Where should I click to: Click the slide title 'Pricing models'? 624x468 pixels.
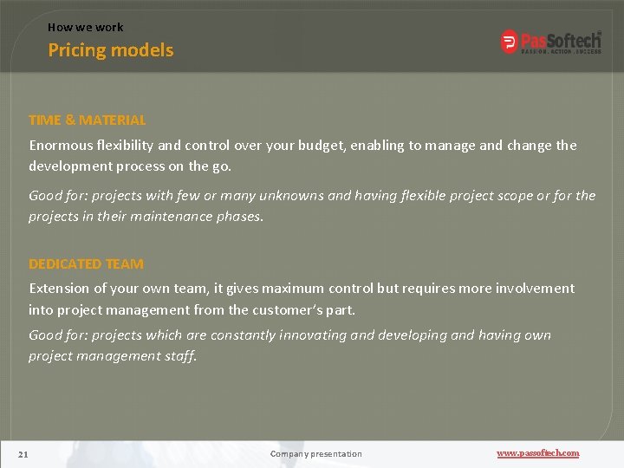click(110, 50)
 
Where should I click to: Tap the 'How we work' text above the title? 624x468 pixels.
click(85, 27)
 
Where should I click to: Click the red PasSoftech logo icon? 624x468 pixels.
click(510, 42)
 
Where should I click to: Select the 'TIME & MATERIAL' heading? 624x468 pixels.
click(87, 120)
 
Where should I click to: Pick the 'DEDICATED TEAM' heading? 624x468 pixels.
click(86, 263)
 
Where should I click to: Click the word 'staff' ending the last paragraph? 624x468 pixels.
click(179, 355)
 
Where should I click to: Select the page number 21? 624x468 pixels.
click(23, 453)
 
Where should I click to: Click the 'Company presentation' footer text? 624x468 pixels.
click(315, 453)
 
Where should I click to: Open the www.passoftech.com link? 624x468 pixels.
click(537, 453)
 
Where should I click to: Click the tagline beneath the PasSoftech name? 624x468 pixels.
click(560, 50)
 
